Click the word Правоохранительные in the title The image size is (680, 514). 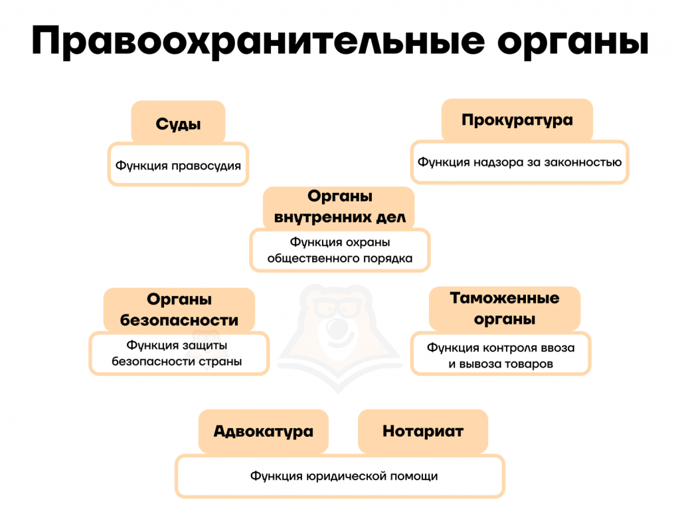(258, 41)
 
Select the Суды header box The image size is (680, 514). (178, 122)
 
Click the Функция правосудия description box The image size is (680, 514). (178, 164)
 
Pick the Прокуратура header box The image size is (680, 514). (517, 120)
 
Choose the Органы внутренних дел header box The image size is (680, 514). (339, 207)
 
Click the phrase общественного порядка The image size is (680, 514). (339, 259)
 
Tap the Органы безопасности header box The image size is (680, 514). (179, 310)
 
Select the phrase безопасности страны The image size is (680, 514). (177, 361)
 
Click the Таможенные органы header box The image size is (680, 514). (505, 309)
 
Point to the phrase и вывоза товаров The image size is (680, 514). (501, 364)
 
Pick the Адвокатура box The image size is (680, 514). (264, 431)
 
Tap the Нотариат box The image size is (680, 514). (423, 431)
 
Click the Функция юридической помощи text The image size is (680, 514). (344, 476)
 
